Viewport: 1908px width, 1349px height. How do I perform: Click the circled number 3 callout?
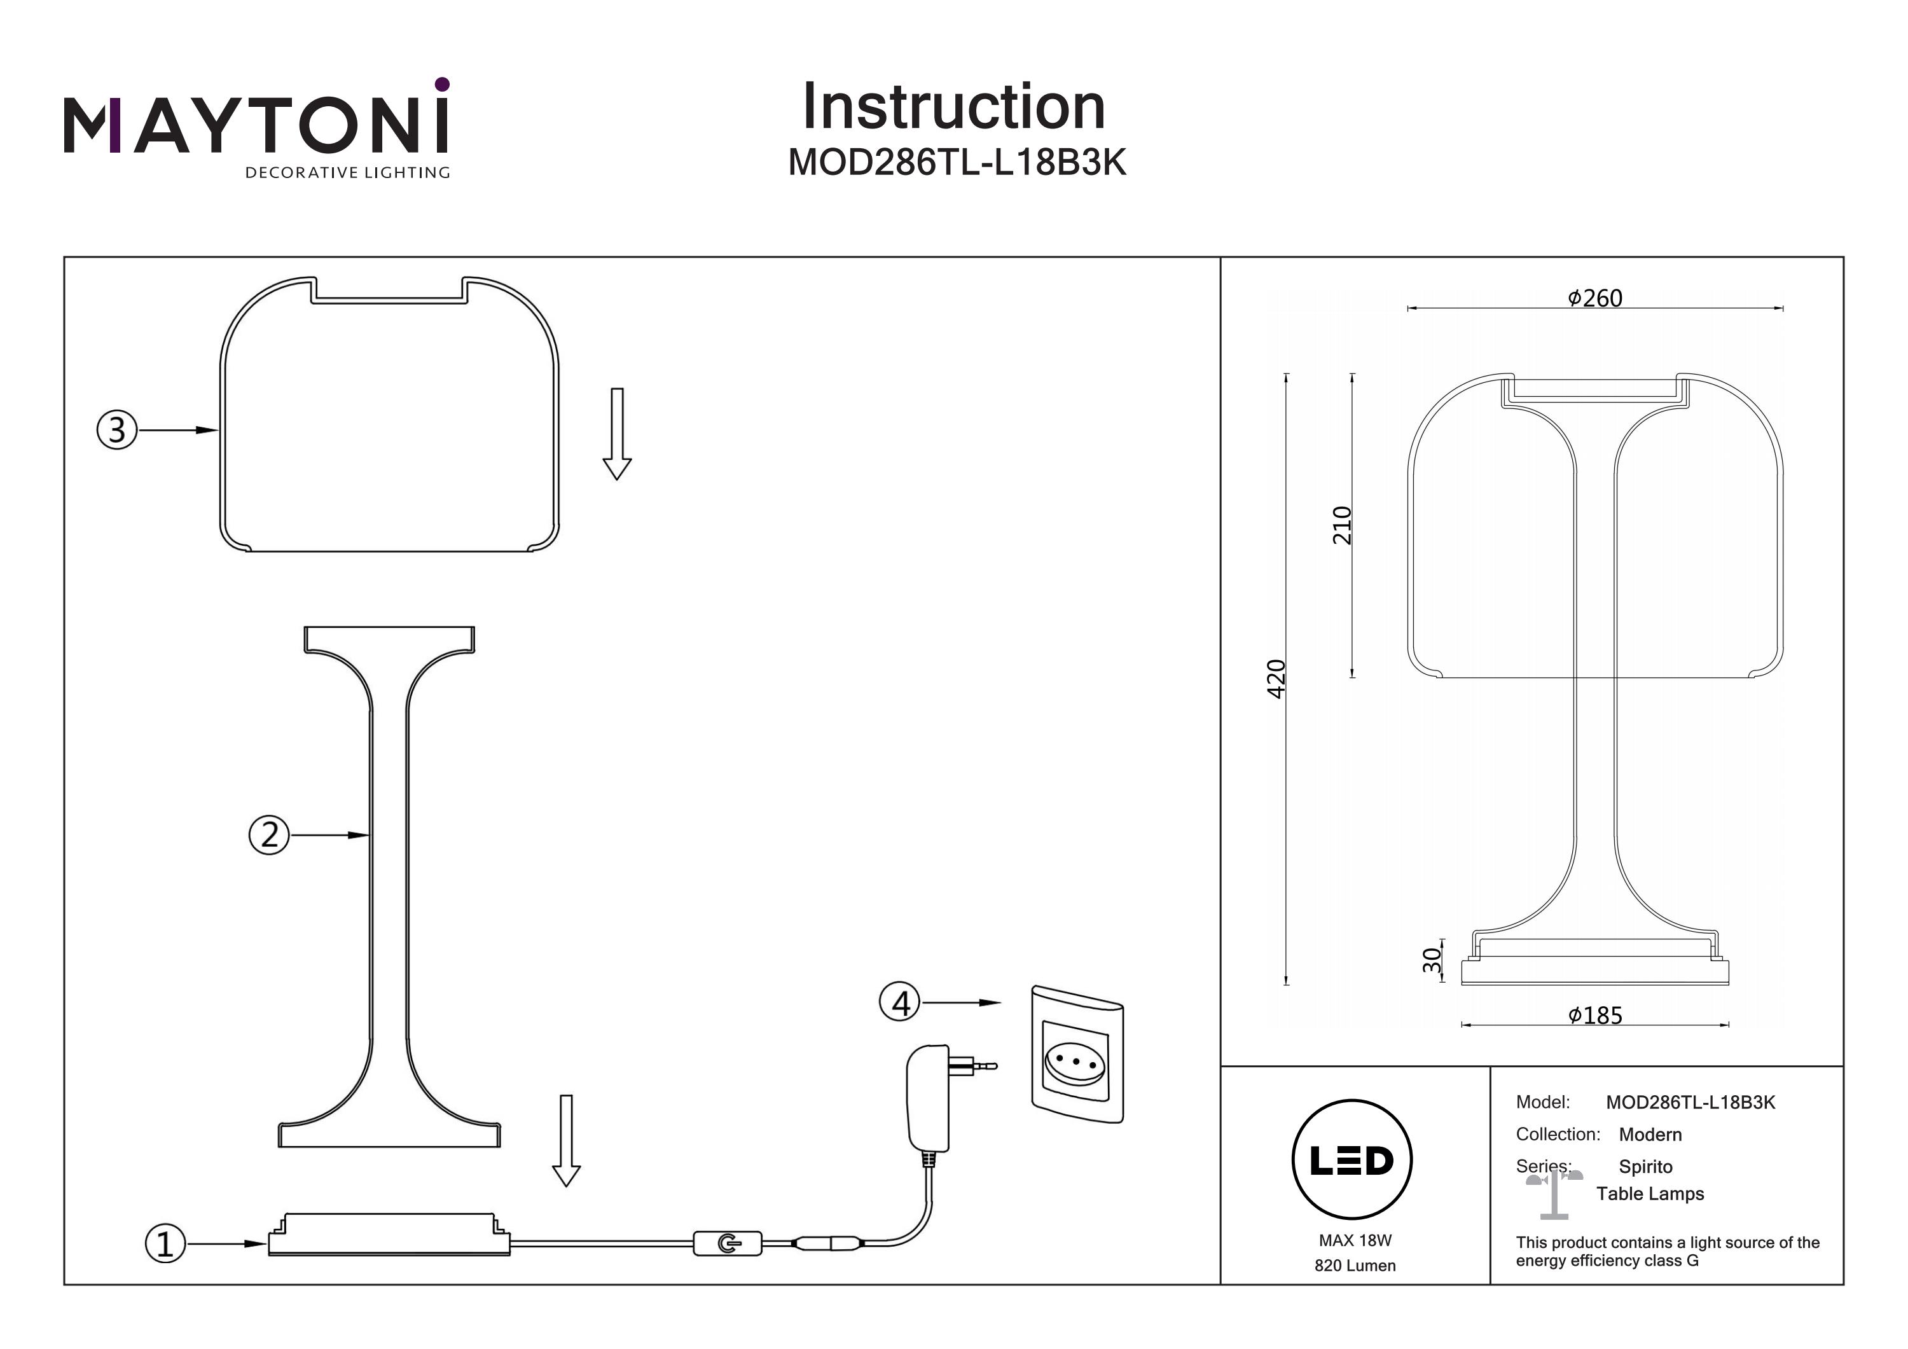[117, 430]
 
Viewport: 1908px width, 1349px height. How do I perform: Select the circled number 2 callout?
[269, 834]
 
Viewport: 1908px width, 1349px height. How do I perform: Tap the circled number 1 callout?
[165, 1243]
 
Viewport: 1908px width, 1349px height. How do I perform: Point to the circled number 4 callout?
[900, 1002]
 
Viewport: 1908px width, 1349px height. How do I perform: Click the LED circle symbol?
[1352, 1160]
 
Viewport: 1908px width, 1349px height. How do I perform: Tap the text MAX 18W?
[1355, 1240]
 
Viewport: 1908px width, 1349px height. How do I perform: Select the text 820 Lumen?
[1355, 1266]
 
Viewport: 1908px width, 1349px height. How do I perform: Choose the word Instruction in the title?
[954, 107]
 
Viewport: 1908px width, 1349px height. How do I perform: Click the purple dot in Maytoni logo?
[442, 84]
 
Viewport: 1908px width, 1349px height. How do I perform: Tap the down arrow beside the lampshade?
[617, 433]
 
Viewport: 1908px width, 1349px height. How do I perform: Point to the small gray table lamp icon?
[1553, 1194]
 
